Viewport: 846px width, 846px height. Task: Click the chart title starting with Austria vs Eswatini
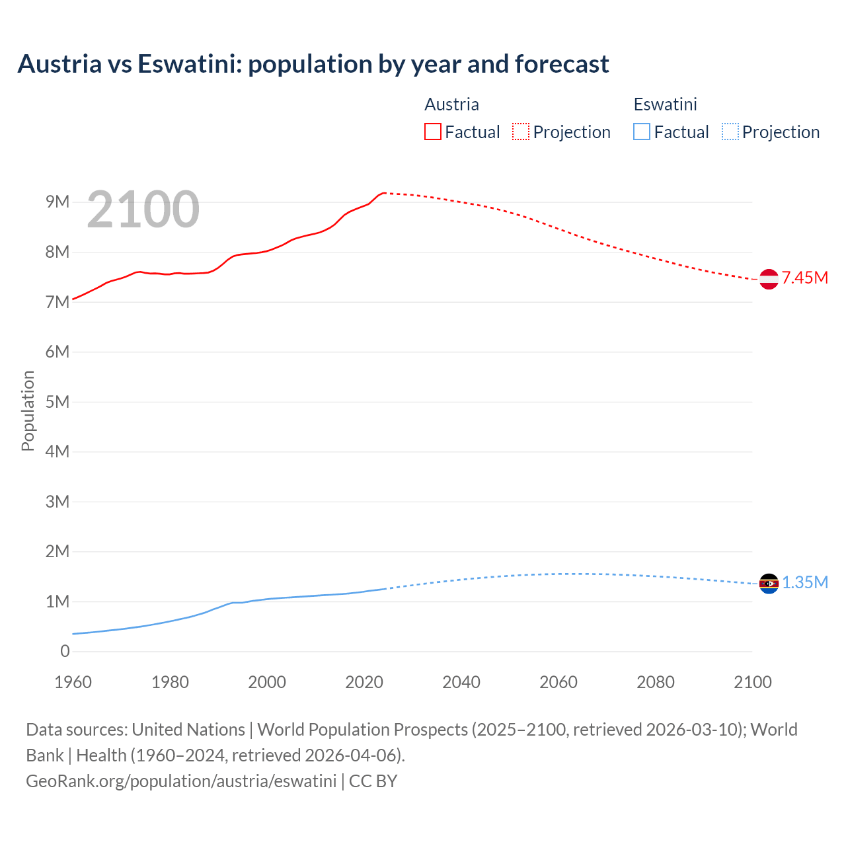(313, 64)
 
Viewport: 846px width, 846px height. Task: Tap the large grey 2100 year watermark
(143, 210)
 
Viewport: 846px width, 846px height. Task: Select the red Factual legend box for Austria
(433, 132)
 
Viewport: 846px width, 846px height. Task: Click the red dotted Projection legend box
(521, 132)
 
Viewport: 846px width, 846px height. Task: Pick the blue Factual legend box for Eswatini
(642, 132)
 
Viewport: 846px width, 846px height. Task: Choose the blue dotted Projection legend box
(730, 132)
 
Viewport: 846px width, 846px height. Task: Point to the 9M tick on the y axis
(58, 202)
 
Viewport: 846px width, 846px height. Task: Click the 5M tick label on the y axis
(58, 402)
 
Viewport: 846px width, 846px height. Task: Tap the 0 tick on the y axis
(65, 651)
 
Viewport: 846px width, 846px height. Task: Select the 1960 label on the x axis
(73, 682)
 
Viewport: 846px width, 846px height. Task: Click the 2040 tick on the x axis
(461, 682)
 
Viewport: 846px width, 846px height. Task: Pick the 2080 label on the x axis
(656, 682)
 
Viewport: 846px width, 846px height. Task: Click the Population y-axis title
(28, 410)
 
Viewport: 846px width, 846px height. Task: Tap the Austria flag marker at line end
(769, 279)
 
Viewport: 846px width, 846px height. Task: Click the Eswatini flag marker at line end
(769, 584)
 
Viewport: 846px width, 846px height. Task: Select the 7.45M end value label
(804, 278)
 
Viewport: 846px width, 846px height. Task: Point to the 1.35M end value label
(804, 582)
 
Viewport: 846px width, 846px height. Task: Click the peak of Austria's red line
(384, 193)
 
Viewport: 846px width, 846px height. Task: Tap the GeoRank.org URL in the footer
(181, 781)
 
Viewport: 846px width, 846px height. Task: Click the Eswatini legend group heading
(665, 104)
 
